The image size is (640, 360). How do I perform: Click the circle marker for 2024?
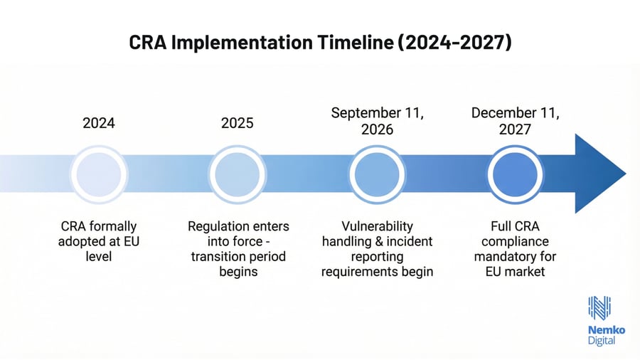pos(99,174)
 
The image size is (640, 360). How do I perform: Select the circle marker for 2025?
pos(238,174)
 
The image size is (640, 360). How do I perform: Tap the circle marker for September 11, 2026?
pos(377,174)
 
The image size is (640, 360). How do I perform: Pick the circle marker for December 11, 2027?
pos(516,174)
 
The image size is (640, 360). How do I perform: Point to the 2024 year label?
pos(99,123)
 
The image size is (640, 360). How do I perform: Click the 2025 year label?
pos(238,123)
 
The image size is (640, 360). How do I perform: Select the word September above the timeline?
pos(363,113)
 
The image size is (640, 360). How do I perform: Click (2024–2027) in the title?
pos(454,43)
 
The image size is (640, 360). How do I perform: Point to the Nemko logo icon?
pos(599,307)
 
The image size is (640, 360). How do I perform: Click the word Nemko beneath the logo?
pos(602,330)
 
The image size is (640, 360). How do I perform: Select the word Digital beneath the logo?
pos(602,341)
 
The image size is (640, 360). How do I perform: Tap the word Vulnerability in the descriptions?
pos(377,226)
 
